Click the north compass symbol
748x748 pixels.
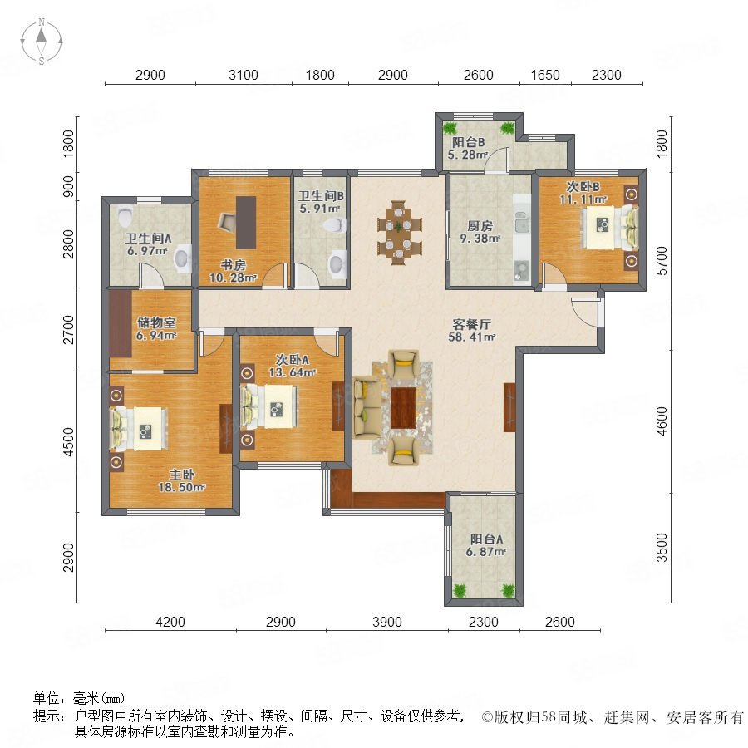[42, 42]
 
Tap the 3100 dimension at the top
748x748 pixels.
[244, 75]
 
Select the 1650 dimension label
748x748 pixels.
[545, 75]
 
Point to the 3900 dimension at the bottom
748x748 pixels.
[386, 622]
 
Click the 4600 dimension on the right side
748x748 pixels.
[662, 421]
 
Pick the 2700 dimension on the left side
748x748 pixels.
[69, 329]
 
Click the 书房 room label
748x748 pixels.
[233, 265]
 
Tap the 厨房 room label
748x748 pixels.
[480, 225]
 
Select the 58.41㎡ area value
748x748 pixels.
[471, 337]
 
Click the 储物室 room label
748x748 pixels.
[156, 322]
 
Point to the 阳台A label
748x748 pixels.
[486, 539]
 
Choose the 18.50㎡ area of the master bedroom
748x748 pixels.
[182, 487]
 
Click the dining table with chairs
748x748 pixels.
[400, 232]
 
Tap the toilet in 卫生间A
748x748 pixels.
[125, 216]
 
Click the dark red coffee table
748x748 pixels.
[403, 408]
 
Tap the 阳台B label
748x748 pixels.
[469, 142]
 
